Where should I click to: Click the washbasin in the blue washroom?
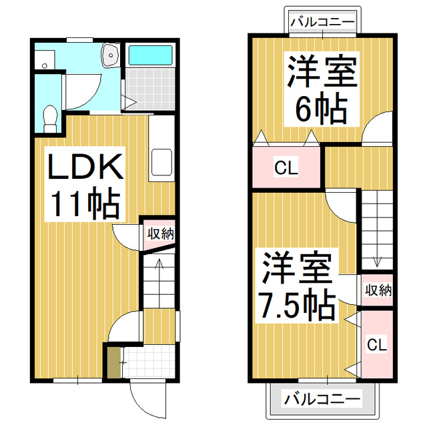click(109, 55)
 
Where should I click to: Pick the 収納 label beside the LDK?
click(160, 234)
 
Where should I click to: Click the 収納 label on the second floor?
click(378, 290)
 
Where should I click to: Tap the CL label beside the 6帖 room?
click(286, 168)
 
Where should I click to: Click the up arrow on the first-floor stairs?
click(159, 266)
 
